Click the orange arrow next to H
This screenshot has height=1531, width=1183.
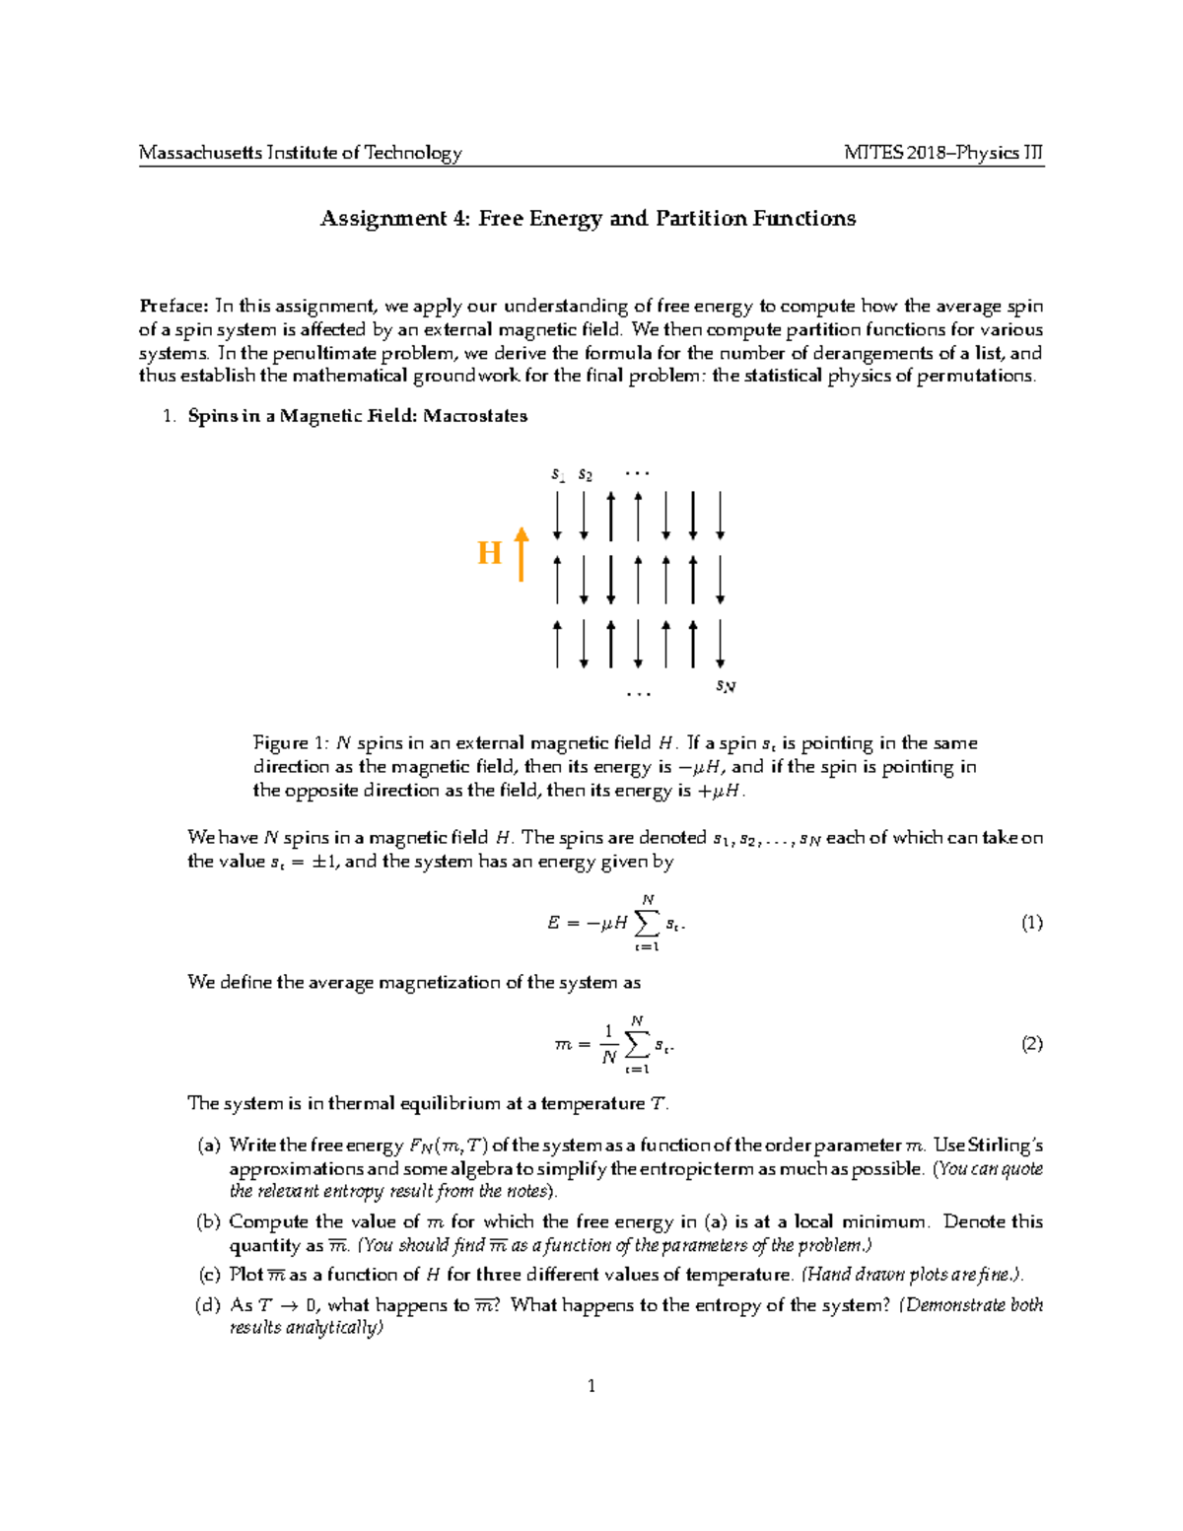coord(522,553)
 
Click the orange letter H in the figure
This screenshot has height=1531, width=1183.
coord(490,554)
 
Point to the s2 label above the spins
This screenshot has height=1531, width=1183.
coord(586,474)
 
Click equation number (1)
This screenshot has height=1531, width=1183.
coord(1031,924)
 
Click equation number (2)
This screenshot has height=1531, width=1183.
coord(1031,1044)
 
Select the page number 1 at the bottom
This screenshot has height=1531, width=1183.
coord(591,1386)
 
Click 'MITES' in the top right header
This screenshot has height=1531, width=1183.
coord(869,153)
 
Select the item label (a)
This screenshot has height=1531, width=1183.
coord(209,1146)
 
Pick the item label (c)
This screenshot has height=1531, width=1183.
coord(209,1275)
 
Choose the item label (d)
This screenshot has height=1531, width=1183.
coord(209,1305)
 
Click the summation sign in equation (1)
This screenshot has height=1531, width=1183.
coord(647,924)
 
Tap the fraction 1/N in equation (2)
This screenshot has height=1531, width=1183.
coord(609,1045)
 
